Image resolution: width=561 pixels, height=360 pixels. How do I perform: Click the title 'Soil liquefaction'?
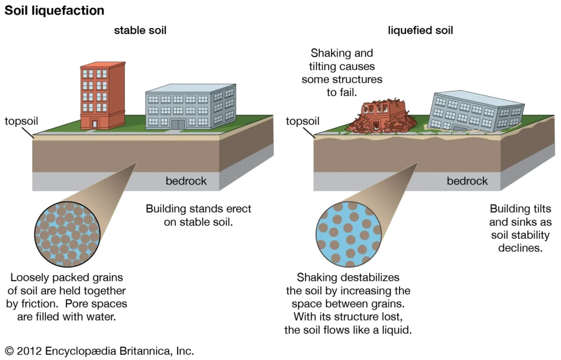[x=54, y=10]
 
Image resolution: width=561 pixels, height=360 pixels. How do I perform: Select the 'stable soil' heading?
[x=140, y=31]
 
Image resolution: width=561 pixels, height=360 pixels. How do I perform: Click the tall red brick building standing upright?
[x=102, y=95]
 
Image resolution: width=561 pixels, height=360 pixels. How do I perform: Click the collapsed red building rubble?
[x=377, y=118]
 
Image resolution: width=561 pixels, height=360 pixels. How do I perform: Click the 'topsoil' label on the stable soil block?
[x=21, y=121]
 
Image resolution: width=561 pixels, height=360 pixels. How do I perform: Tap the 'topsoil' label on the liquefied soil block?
[x=302, y=121]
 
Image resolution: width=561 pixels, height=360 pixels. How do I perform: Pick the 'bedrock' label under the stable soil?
[x=186, y=181]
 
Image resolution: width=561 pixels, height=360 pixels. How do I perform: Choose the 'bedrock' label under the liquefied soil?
[x=467, y=181]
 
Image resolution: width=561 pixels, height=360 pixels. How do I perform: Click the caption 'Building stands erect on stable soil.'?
[x=198, y=216]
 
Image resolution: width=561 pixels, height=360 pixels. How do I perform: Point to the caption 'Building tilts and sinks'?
[x=520, y=228]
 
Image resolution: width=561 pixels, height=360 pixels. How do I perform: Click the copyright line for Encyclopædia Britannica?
[x=99, y=351]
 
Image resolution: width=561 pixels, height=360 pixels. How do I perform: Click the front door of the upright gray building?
[x=178, y=124]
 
